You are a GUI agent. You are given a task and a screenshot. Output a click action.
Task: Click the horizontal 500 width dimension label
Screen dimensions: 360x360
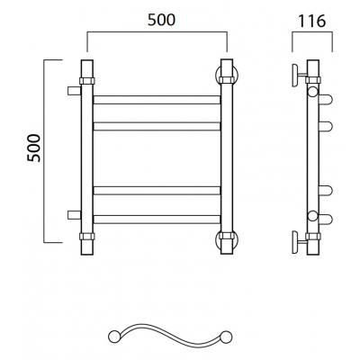click(x=161, y=20)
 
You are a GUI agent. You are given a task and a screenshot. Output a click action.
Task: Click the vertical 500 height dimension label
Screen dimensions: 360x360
click(x=33, y=148)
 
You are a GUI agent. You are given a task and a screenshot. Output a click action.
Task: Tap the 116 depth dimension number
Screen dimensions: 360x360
click(x=311, y=21)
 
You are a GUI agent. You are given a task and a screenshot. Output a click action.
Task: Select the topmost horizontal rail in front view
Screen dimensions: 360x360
click(x=157, y=100)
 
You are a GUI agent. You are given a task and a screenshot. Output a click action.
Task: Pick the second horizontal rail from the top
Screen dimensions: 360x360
click(x=157, y=126)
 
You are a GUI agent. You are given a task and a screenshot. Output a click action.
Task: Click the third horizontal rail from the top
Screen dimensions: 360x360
click(x=157, y=191)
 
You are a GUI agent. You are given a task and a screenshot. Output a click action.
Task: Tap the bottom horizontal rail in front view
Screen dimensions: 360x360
click(x=157, y=220)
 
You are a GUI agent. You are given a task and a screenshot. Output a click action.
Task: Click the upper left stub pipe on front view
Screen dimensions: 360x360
click(x=74, y=91)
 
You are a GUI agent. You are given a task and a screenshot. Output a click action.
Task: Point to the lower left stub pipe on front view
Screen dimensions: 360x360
click(x=74, y=215)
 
